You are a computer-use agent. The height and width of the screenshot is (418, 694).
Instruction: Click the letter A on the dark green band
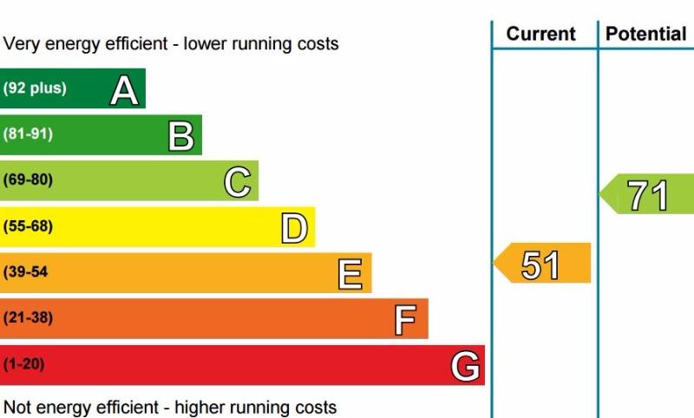tap(124, 90)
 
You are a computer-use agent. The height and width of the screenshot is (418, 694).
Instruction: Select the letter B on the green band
tap(181, 136)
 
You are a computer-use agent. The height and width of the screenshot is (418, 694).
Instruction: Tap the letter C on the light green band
tap(238, 182)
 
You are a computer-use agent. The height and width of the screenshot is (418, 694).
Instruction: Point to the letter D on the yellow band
tap(294, 228)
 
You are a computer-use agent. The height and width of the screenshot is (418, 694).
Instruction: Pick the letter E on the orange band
tap(350, 274)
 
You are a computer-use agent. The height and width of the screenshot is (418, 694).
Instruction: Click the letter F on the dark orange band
tap(405, 320)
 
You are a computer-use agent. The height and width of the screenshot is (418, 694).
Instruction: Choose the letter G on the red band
tap(465, 366)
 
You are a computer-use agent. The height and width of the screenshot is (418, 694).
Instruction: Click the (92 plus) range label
tap(35, 88)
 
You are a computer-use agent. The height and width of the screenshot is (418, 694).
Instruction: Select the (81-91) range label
tap(28, 134)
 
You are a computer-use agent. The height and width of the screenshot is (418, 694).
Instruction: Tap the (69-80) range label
tap(28, 180)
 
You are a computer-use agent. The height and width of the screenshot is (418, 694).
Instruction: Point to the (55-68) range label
tap(28, 226)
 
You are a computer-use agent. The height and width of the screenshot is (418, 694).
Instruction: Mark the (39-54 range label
tap(25, 272)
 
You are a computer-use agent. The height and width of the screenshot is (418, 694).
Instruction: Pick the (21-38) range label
tap(28, 318)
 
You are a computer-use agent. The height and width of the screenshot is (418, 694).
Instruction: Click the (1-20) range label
tap(24, 364)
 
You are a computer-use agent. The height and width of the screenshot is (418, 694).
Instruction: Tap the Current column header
tap(540, 34)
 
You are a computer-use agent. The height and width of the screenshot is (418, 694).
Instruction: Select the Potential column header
tap(646, 34)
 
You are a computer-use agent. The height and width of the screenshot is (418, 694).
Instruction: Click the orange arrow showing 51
tap(542, 263)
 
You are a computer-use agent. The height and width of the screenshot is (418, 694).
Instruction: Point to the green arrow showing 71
tap(646, 193)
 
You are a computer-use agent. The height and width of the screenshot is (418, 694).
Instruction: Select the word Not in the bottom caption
tap(19, 407)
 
